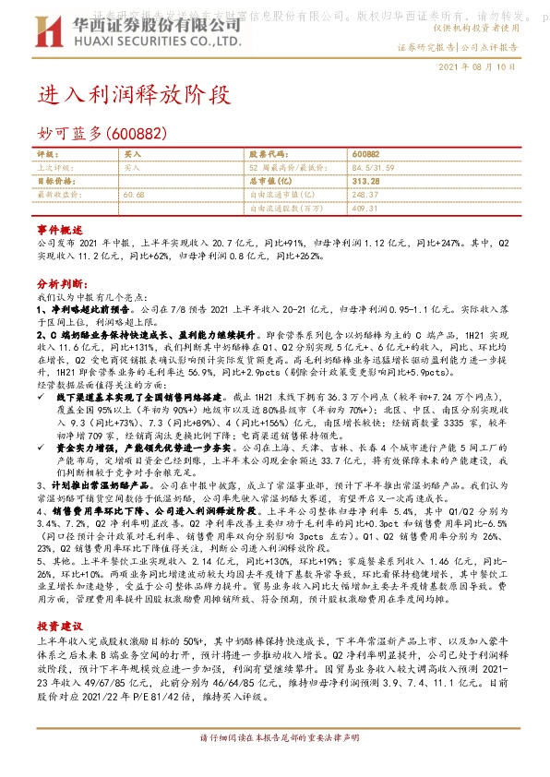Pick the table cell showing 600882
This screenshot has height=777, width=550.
point(366,154)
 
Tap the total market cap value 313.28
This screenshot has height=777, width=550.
point(366,182)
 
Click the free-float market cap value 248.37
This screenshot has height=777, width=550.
point(365,196)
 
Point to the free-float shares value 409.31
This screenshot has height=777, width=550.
point(365,209)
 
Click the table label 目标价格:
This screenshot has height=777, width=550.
point(54,182)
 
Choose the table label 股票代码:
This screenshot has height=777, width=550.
point(265,154)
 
